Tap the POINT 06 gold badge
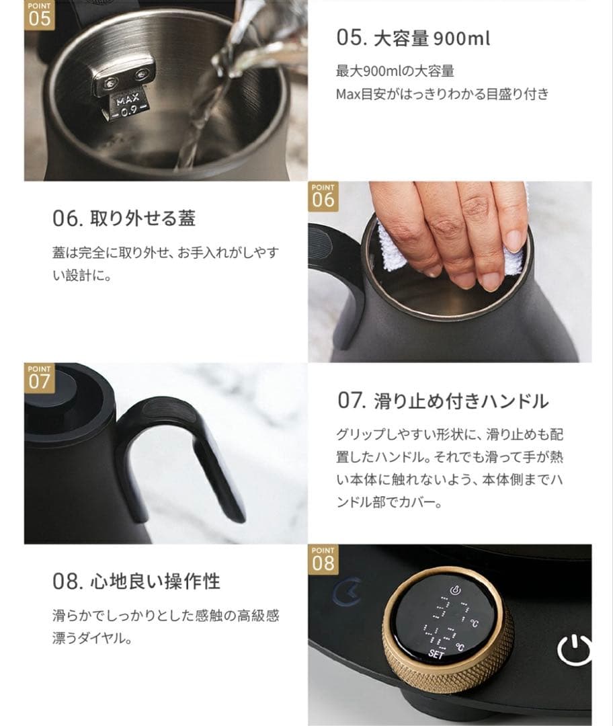pyautogui.click(x=323, y=196)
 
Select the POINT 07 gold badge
pyautogui.click(x=40, y=378)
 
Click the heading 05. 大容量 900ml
pyautogui.click(x=413, y=38)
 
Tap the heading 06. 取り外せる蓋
pyautogui.click(x=124, y=219)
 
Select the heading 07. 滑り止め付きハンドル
pyautogui.click(x=442, y=401)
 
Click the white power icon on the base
pyautogui.click(x=575, y=649)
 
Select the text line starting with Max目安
pyautogui.click(x=442, y=93)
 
